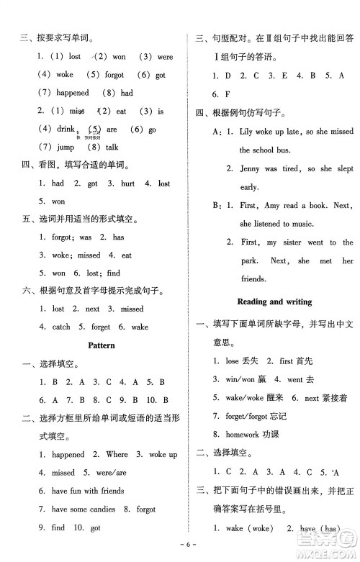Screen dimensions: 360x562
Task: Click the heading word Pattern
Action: click(x=101, y=345)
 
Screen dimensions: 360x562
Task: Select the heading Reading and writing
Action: click(x=275, y=302)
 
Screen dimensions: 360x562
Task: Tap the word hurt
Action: click(x=127, y=183)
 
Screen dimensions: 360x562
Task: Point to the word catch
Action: click(x=61, y=327)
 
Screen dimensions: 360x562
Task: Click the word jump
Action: click(x=65, y=148)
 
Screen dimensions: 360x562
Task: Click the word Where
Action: click(x=117, y=455)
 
